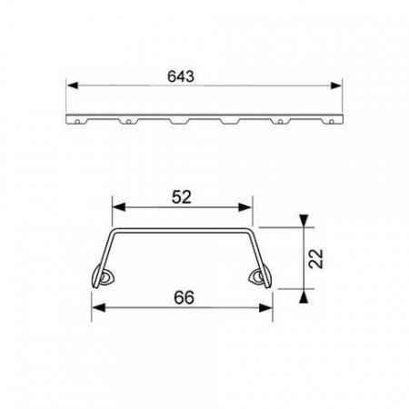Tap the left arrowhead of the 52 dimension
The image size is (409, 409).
pyautogui.click(x=115, y=208)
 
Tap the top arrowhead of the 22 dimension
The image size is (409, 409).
pyautogui.click(x=304, y=222)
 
